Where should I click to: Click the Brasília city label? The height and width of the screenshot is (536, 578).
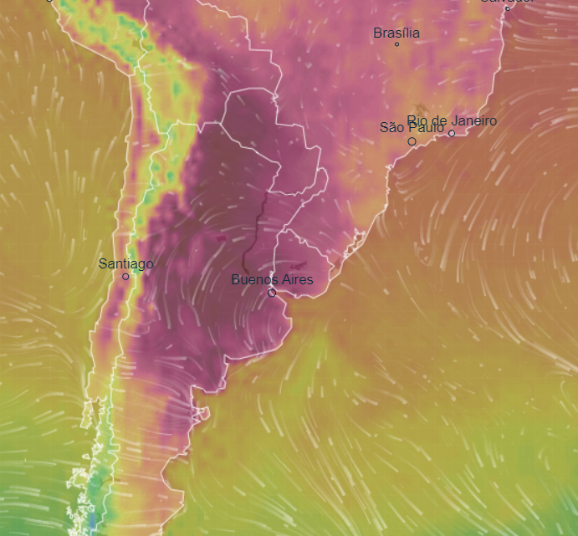(x=396, y=33)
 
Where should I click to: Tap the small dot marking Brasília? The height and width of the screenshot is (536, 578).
(x=396, y=44)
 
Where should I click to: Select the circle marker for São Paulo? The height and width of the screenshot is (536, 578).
(x=412, y=141)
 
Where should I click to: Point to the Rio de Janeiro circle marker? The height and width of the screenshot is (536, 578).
(x=452, y=133)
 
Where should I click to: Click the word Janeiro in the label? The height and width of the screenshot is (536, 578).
(x=473, y=121)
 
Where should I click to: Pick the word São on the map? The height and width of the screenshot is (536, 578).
(x=391, y=128)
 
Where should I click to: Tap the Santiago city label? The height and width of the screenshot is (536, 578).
(x=125, y=264)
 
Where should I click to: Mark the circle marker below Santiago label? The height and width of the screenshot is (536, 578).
(x=125, y=277)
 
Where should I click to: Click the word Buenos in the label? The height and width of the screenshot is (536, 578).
(x=253, y=279)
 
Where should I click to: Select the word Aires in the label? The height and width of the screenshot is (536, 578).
(x=295, y=279)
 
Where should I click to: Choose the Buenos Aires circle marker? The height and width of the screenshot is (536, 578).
(x=272, y=293)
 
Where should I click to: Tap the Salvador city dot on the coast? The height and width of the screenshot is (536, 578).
(x=507, y=8)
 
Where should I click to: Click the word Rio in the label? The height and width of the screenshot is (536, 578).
(x=417, y=121)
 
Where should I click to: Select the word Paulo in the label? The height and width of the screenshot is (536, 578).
(x=427, y=128)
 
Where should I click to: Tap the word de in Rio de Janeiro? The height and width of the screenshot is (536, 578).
(x=439, y=121)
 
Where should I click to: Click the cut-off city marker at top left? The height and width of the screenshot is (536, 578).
(x=49, y=1)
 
